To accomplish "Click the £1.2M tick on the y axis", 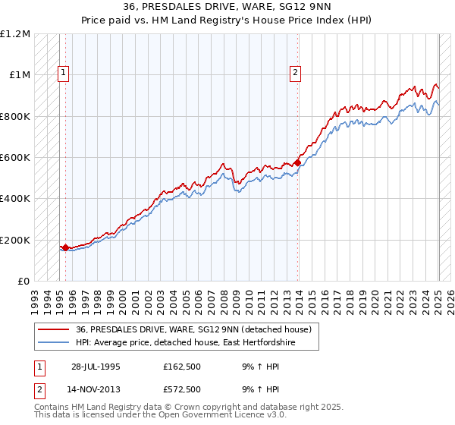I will (15, 34).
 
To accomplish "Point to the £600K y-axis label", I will (15, 158).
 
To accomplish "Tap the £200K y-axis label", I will (15, 240).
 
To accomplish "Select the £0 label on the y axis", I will (24, 282).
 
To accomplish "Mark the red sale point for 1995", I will (66, 247).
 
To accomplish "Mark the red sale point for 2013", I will (297, 162).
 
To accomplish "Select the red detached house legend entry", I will (193, 329).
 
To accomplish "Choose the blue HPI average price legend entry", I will (185, 343).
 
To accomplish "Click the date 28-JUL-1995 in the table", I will (96, 366).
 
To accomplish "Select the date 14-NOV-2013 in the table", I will (96, 389).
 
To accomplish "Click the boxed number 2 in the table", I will (39, 389).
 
